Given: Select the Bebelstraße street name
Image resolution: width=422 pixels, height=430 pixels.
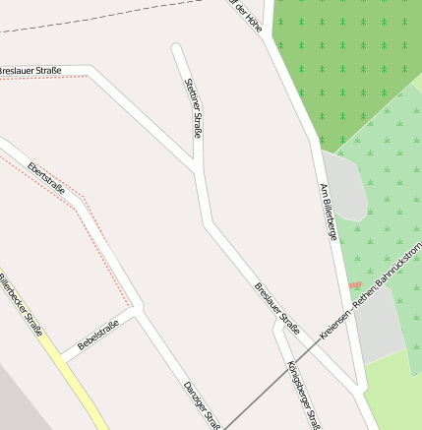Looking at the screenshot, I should coord(98,336).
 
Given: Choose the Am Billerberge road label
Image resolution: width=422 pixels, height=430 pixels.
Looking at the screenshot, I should coord(329,213).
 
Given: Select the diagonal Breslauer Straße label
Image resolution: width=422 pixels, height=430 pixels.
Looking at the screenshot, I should coord(276,307).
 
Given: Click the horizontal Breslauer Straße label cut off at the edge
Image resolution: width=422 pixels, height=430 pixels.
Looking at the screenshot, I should coord(30,71).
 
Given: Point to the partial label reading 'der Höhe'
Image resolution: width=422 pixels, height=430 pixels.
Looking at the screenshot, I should coord(247,16).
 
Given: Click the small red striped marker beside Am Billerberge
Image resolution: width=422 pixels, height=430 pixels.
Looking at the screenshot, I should coord(356,284).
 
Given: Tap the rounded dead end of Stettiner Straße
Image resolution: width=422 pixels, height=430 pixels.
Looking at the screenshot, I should coord(177,48).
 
